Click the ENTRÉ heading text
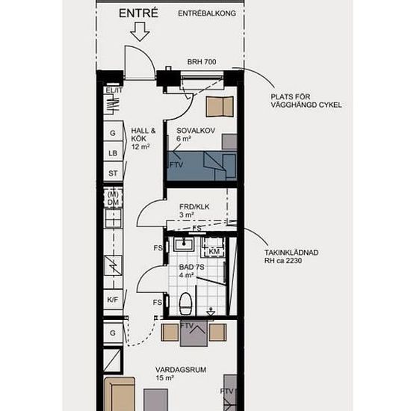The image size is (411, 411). point(138,13)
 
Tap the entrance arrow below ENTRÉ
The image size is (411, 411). point(140,31)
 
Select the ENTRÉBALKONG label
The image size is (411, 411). point(207,13)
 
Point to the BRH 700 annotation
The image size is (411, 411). point(202,62)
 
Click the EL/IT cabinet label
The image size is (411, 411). point(114,90)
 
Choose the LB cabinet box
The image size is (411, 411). point(113,152)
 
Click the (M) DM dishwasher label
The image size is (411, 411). point(114,199)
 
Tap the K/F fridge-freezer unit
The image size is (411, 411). point(113,300)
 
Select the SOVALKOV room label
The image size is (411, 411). point(196,131)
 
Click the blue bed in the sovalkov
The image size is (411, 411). point(202,166)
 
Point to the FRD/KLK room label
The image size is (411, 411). point(194,207)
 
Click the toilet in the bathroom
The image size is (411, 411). point(186,303)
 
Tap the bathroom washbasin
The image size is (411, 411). point(184,244)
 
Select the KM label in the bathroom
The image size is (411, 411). point(214,252)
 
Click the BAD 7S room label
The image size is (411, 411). point(191,268)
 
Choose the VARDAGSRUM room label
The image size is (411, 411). point(181,370)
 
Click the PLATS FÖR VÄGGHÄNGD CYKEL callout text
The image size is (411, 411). point(306,101)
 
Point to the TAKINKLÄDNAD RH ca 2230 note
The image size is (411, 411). point(291,256)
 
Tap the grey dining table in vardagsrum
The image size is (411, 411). point(194,333)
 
